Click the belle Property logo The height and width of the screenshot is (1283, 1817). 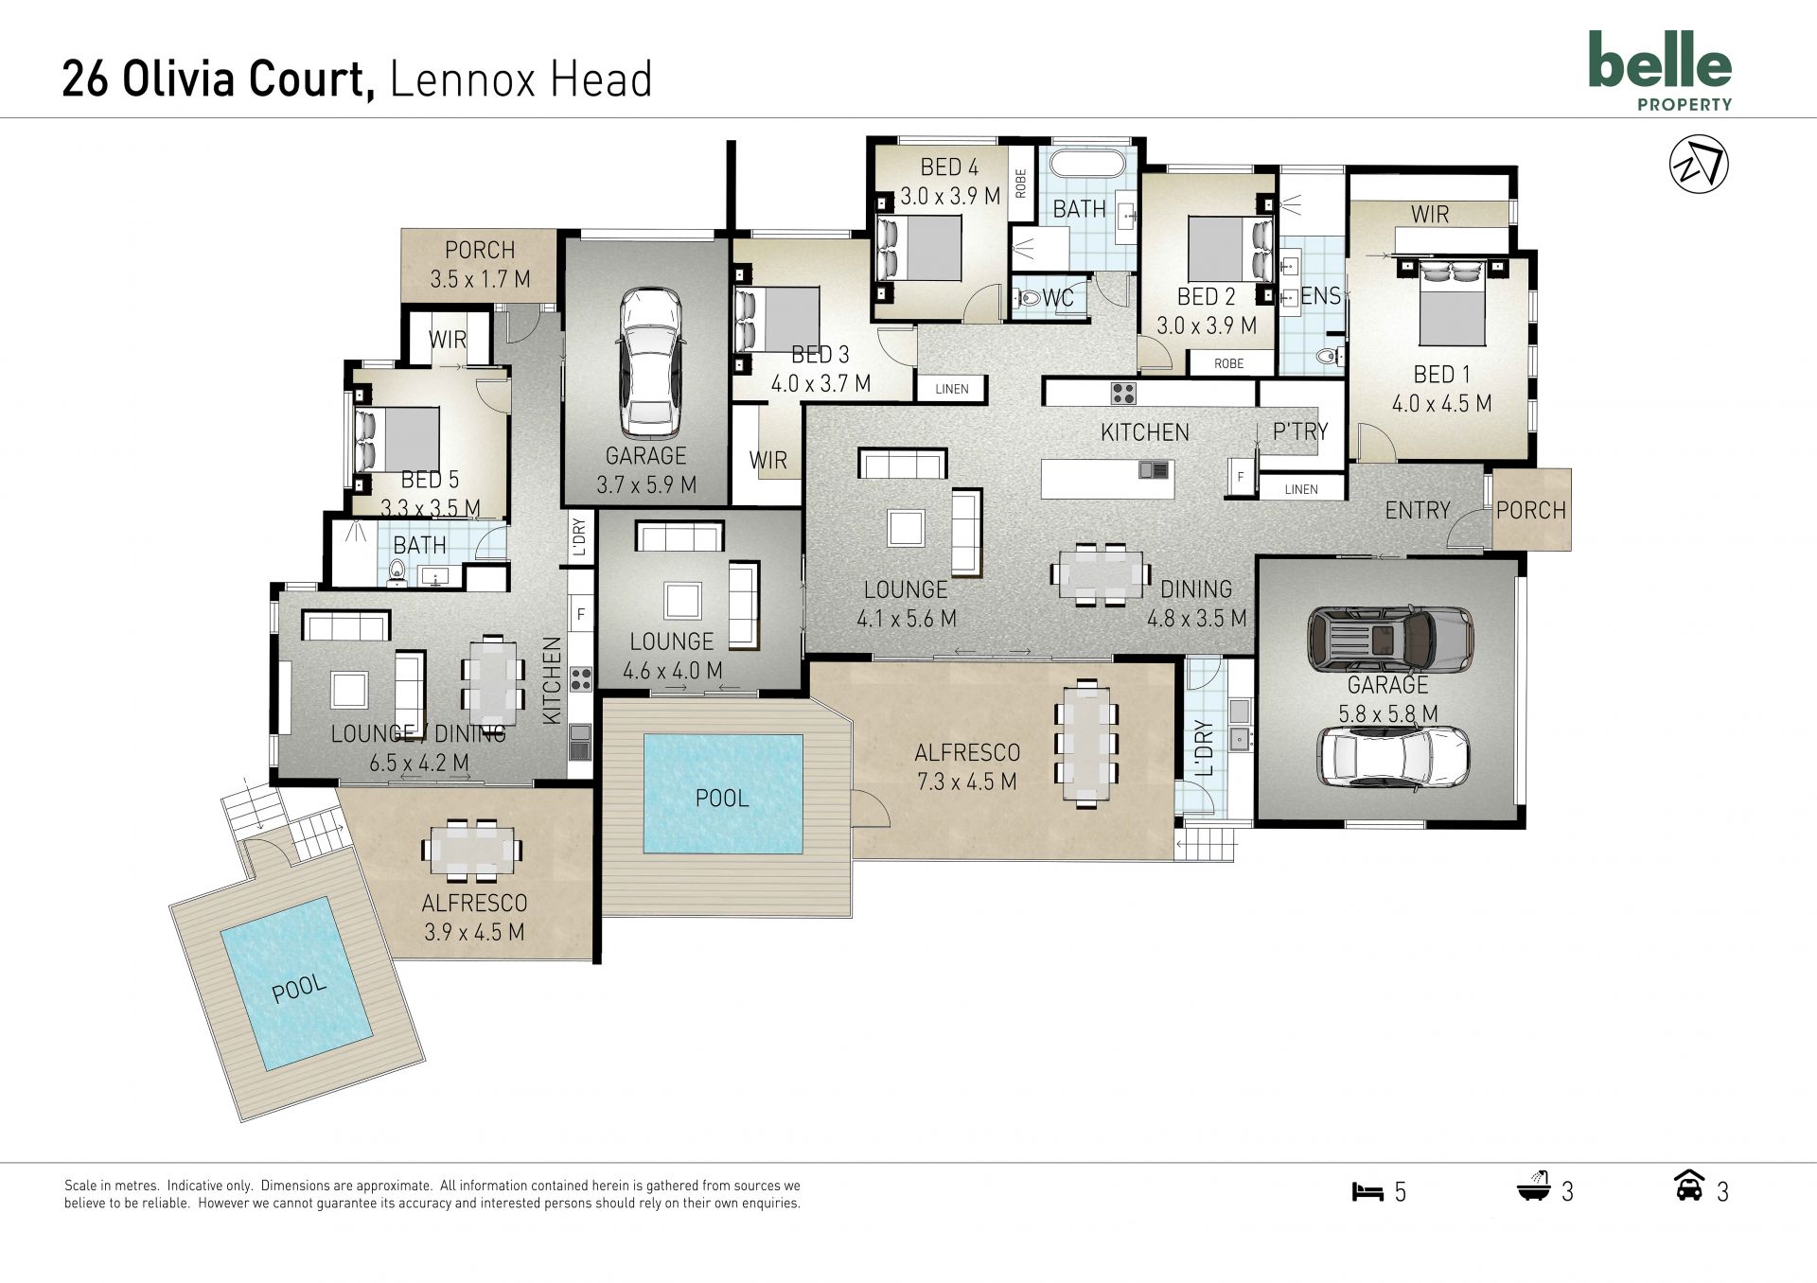coord(1660,71)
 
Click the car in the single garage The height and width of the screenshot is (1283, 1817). coord(650,360)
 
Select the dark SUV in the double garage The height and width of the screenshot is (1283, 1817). coord(1390,638)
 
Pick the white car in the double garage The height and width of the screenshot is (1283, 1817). coord(1394,757)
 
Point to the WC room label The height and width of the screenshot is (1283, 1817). coord(1057,298)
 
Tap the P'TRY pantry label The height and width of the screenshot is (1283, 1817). coord(1300,431)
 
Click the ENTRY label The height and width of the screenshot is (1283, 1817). coord(1417,511)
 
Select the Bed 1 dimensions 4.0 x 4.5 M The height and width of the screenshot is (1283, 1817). coord(1440,404)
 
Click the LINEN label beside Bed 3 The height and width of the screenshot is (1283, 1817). coord(952,389)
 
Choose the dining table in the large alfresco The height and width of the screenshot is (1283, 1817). coord(1085,743)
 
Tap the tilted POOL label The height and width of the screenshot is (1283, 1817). coord(299,990)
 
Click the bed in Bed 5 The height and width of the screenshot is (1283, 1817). coord(397,439)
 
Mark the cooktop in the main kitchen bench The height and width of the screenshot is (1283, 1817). coord(1122,392)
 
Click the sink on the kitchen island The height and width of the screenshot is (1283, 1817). coord(1154,470)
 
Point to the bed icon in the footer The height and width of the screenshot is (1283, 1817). coord(1367,1191)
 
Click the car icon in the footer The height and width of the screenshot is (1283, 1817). coord(1689,1186)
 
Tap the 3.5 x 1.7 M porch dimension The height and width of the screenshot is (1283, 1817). coord(480,280)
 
